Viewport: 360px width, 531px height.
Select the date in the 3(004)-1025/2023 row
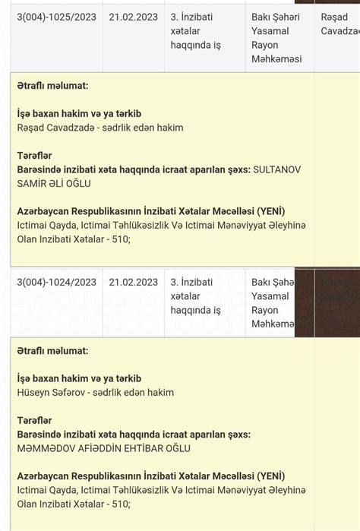(133, 17)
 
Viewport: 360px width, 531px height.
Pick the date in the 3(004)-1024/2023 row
(133, 282)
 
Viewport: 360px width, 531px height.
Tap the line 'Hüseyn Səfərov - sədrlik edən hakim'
(96, 393)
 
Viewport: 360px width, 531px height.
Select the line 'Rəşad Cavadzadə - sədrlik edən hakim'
(99, 128)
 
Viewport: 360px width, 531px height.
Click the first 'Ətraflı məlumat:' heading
(52, 86)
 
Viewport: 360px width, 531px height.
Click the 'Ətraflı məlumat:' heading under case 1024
(52, 351)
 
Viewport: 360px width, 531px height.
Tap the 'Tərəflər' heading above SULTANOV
(34, 156)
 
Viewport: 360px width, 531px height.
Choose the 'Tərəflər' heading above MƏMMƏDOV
(34, 421)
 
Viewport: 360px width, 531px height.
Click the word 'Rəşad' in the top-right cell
(335, 17)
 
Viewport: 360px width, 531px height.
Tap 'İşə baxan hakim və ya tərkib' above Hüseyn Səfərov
(79, 378)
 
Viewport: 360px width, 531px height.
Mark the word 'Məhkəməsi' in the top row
(276, 59)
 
